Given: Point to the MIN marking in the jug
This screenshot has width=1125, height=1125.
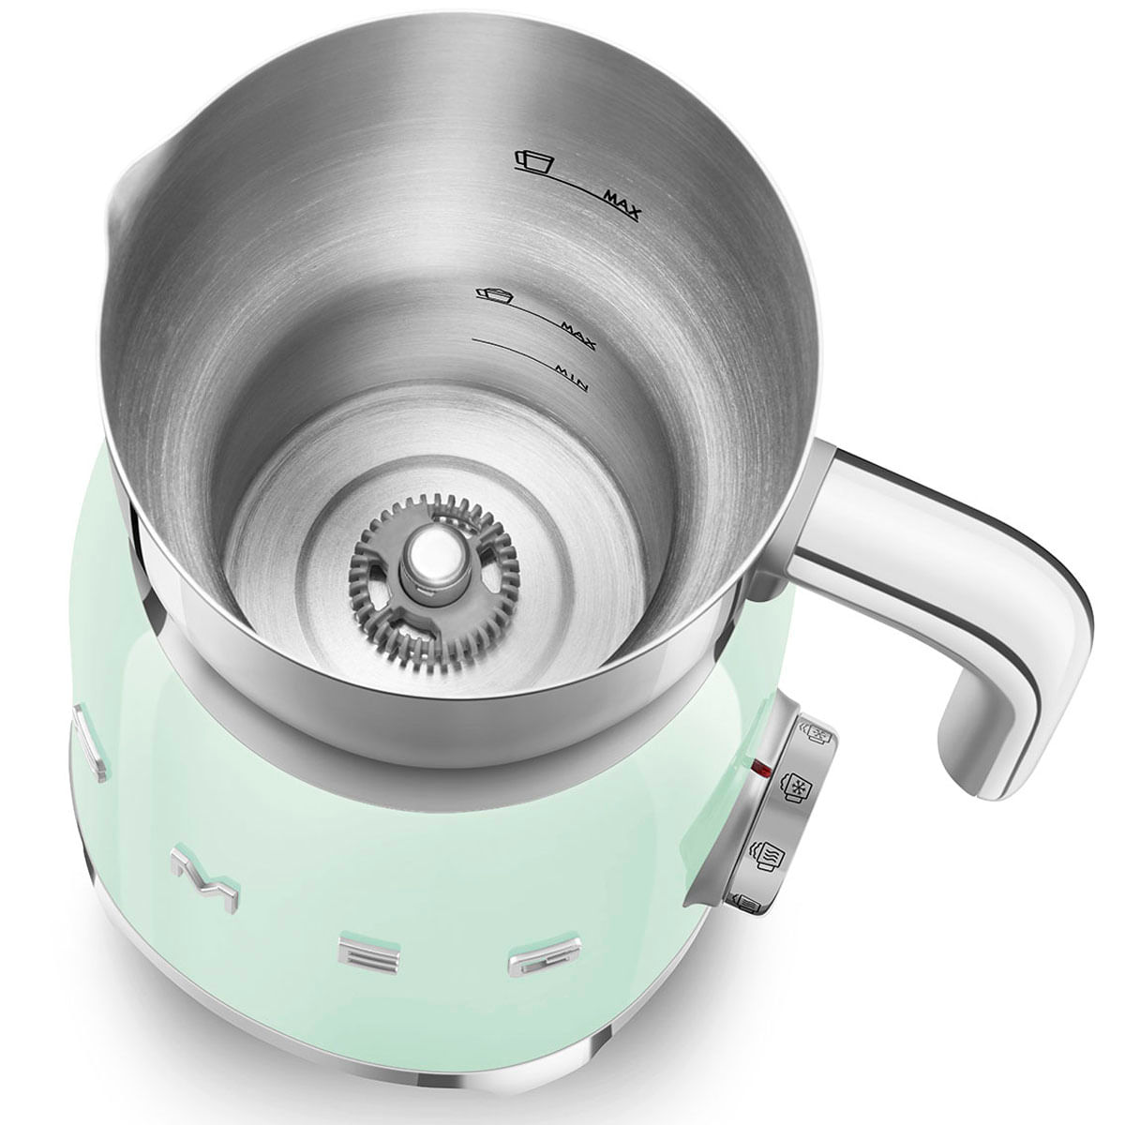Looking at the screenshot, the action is (x=570, y=378).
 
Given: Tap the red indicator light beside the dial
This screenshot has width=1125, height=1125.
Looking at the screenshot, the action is (x=761, y=770).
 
